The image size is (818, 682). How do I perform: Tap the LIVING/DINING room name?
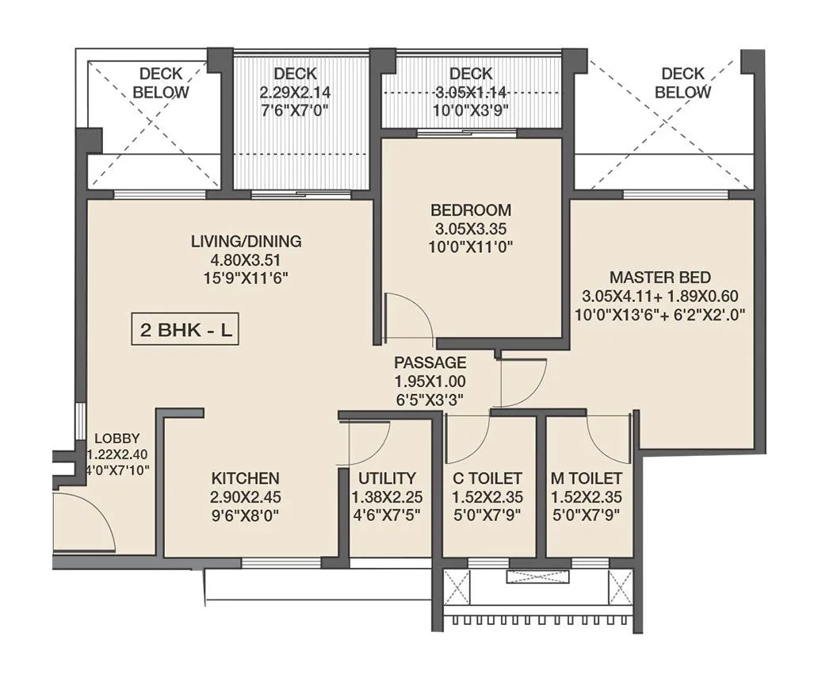pos(246,241)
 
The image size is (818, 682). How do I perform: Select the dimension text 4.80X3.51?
pos(246,259)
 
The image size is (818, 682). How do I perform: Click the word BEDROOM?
pos(471,211)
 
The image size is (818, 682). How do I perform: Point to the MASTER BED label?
pos(660,278)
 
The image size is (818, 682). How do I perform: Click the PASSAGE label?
pos(430,363)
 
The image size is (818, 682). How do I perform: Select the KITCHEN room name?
pos(245,478)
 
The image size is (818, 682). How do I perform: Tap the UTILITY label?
pos(387,478)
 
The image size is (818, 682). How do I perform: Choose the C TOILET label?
pos(487,478)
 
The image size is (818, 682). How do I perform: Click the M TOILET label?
pos(587,478)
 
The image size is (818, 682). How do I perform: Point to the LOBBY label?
pos(117,438)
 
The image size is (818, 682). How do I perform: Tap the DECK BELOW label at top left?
pos(161,83)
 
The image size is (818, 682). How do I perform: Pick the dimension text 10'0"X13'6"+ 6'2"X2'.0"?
pos(660,313)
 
